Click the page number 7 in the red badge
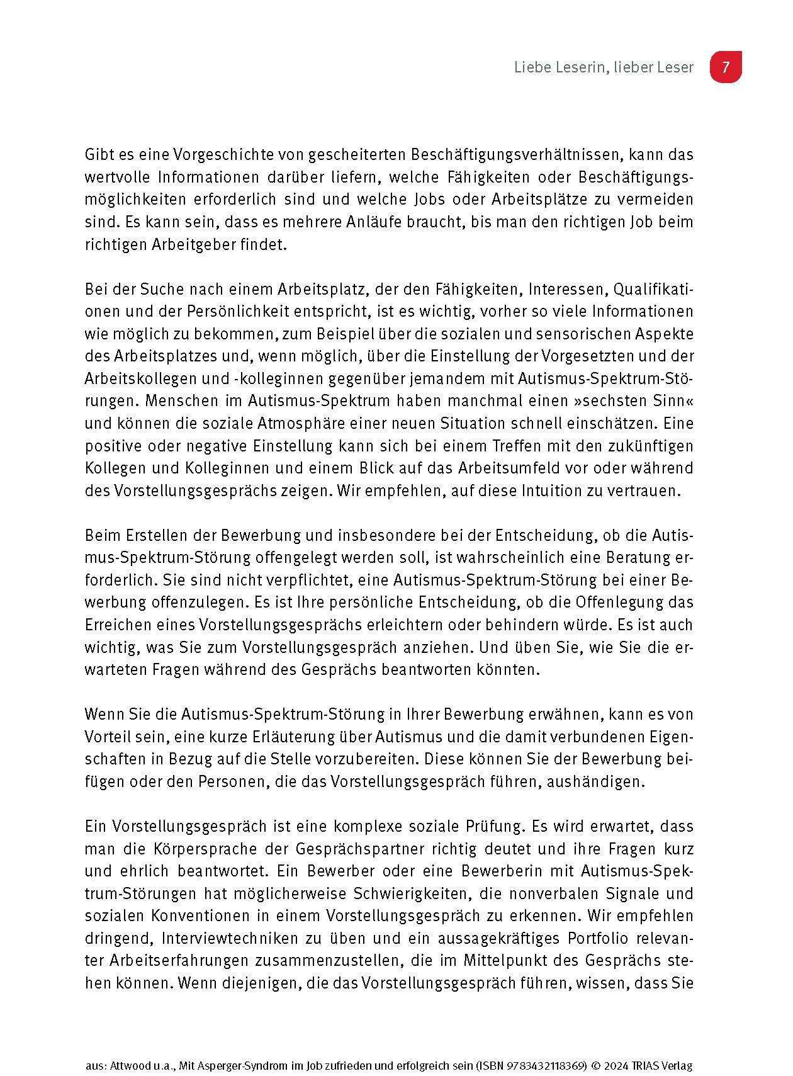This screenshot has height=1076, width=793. point(725,67)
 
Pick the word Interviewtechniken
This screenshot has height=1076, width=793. point(230,938)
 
